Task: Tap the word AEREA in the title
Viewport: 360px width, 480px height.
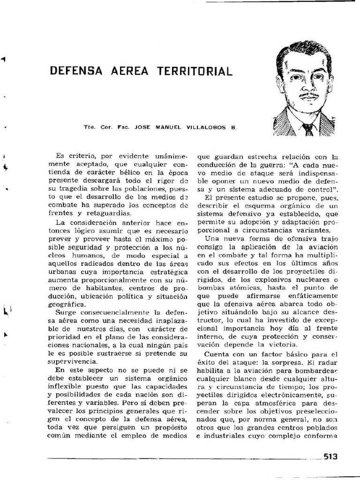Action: (129, 71)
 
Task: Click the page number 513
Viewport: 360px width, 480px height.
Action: (330, 457)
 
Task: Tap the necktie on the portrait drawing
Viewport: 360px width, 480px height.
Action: (307, 128)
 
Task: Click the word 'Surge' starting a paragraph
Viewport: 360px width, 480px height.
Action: (65, 312)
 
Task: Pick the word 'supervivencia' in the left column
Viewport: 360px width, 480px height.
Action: (73, 361)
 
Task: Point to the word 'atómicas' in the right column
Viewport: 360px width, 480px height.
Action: (251, 287)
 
